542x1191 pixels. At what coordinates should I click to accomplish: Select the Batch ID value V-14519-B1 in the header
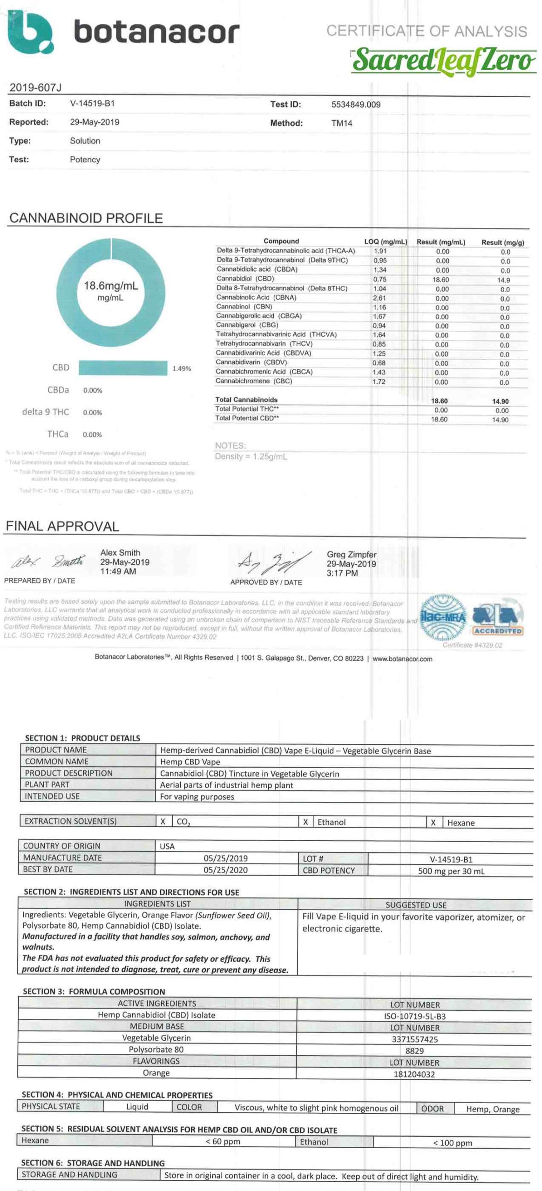click(x=92, y=103)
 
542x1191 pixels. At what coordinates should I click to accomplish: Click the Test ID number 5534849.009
click(x=356, y=105)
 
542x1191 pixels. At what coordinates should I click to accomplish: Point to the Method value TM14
click(x=342, y=123)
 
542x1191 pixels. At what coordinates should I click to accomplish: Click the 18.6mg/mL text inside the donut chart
click(x=111, y=286)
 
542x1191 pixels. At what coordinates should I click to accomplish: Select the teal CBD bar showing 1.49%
click(x=123, y=368)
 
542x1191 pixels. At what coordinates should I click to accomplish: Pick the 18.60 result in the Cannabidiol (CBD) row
click(x=440, y=280)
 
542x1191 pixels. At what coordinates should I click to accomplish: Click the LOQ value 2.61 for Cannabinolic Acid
click(x=379, y=298)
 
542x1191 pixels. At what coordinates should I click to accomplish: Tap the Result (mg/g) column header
click(x=502, y=242)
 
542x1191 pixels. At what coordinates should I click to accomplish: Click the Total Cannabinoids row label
click(x=246, y=400)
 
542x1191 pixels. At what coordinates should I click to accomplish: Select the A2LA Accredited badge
click(x=498, y=617)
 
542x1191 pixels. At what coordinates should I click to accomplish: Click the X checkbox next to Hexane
click(x=433, y=823)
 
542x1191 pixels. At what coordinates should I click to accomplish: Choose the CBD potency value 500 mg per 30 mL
click(x=451, y=871)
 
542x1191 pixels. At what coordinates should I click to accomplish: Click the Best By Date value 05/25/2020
click(x=225, y=870)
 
